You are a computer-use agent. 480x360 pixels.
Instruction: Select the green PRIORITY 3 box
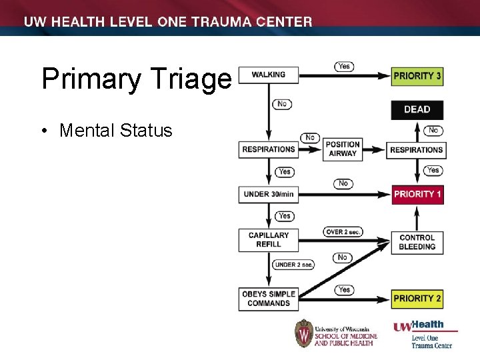coord(417,76)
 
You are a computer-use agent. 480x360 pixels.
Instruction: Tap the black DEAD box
coord(417,109)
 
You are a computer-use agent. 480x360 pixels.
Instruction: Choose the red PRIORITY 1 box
coord(417,194)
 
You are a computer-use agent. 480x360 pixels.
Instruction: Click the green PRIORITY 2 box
coord(417,298)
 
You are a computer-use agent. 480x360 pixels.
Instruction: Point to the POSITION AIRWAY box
coord(343,149)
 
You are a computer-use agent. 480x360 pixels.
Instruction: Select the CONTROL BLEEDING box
coord(417,242)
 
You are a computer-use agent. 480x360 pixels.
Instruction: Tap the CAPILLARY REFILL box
coord(269,240)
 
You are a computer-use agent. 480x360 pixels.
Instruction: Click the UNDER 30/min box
coord(269,194)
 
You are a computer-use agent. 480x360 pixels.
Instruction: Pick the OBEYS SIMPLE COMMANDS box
coord(269,299)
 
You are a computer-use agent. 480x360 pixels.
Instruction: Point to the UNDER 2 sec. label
coord(293,265)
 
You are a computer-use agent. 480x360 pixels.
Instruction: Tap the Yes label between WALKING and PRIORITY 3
coord(344,66)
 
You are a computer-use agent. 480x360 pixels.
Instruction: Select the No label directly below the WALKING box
coord(281,104)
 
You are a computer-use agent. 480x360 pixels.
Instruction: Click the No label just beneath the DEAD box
coord(433,131)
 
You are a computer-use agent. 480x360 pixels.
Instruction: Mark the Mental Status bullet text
coord(115,130)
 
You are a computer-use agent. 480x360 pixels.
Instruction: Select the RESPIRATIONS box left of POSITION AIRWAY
coord(269,149)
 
